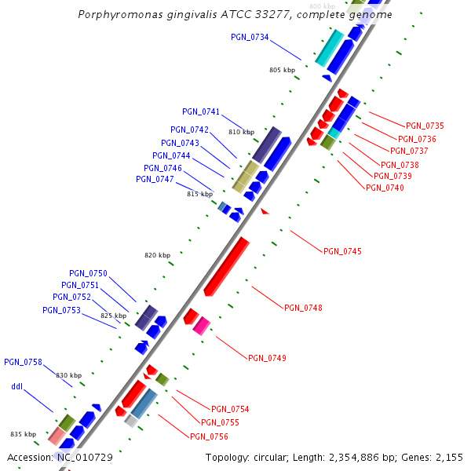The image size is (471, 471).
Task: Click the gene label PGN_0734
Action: point(250,37)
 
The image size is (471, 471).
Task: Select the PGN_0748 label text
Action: point(303,308)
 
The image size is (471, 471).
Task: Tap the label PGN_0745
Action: point(342,251)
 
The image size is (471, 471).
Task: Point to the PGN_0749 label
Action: point(267,358)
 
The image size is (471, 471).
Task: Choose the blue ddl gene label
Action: point(17,386)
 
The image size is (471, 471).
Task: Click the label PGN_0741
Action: point(201,111)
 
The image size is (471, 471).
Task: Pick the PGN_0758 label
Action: point(23,362)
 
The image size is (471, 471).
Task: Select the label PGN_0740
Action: point(385,187)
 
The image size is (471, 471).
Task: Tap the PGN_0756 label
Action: point(209,436)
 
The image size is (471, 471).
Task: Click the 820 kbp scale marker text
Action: point(157,255)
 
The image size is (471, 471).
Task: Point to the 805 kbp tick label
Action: point(282,70)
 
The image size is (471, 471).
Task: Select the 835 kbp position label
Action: point(23,434)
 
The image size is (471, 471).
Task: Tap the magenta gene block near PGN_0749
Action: point(202,325)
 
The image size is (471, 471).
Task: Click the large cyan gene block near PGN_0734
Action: point(329,48)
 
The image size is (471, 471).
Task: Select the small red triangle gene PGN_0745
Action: point(265,211)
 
